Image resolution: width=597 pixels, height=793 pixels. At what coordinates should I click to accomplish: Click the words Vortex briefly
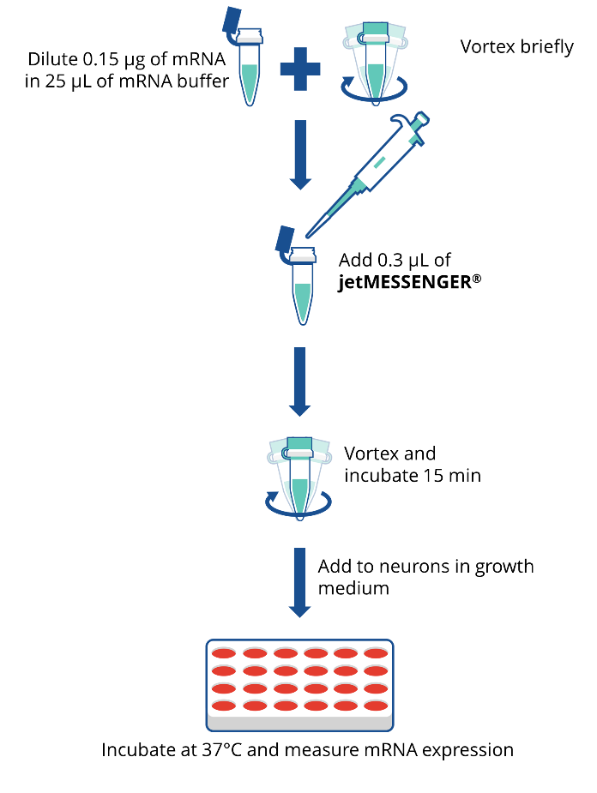point(517,46)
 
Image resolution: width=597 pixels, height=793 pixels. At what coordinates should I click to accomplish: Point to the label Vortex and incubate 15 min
point(412,463)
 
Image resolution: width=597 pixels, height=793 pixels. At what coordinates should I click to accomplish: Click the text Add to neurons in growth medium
point(425,577)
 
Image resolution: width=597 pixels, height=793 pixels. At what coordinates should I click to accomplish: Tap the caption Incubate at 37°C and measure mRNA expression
point(307,749)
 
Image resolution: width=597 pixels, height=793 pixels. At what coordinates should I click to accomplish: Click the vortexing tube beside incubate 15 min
point(299,476)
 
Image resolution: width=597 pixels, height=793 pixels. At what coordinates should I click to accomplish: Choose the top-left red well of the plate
point(225,654)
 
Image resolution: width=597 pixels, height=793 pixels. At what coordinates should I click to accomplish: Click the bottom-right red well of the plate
point(375,706)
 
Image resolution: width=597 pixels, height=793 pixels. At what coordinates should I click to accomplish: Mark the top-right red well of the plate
point(375,654)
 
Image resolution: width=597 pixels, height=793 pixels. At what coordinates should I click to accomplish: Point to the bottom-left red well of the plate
point(225,706)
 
